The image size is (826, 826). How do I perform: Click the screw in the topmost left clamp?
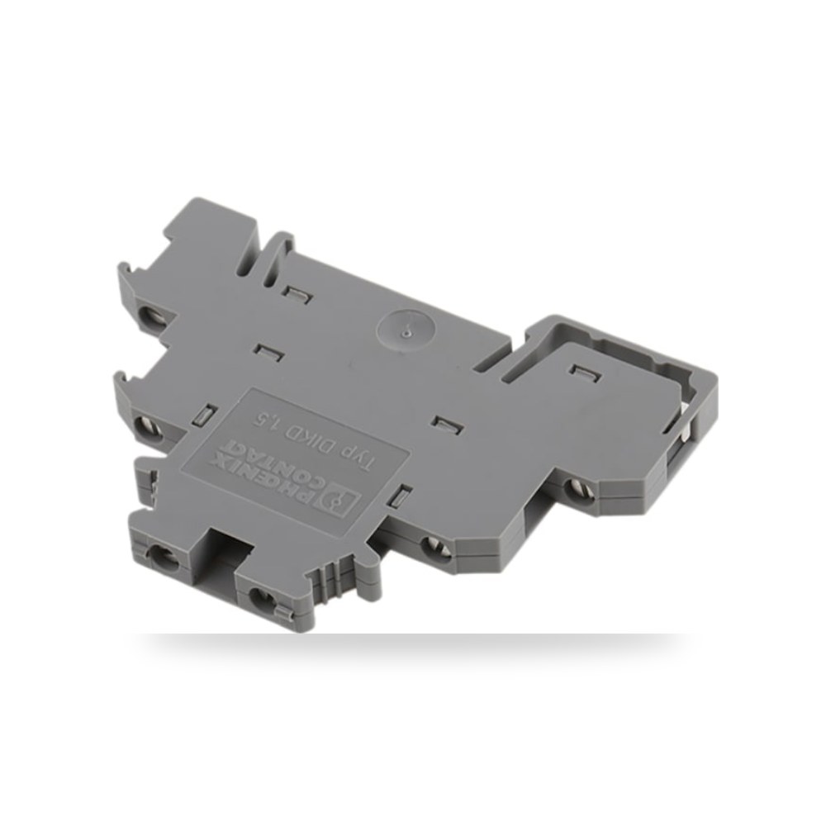click(154, 315)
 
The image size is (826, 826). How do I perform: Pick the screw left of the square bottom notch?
click(161, 556)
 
